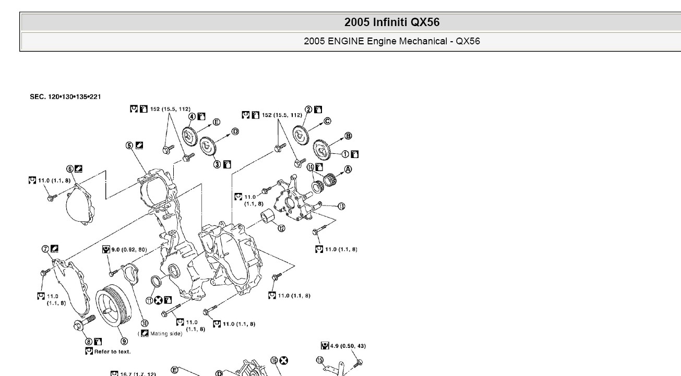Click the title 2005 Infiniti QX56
[x=392, y=22]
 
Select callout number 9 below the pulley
[x=124, y=342]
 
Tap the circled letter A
[x=348, y=169]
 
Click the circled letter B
[x=348, y=136]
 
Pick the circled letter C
[x=328, y=121]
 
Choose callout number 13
[x=341, y=206]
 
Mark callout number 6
[x=70, y=168]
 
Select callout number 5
[x=129, y=145]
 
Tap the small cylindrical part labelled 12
[x=268, y=216]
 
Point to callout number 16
[x=274, y=360]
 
